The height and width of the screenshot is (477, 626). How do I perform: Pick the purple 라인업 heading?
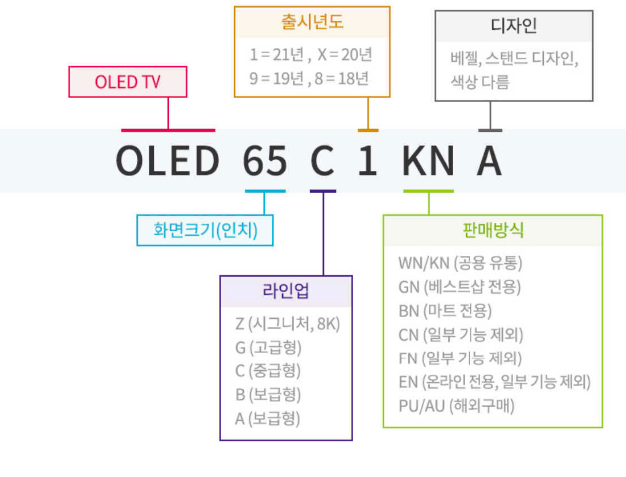(286, 291)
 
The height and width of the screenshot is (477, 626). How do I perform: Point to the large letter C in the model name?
(322, 160)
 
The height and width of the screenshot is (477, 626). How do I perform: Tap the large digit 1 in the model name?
(368, 160)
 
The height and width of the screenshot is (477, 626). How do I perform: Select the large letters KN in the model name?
(429, 160)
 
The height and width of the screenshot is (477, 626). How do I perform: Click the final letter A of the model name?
(488, 160)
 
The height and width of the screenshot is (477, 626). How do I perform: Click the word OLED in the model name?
(166, 160)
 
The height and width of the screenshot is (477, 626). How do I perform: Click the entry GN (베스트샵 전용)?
(459, 286)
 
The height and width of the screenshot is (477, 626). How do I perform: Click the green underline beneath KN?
(428, 190)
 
